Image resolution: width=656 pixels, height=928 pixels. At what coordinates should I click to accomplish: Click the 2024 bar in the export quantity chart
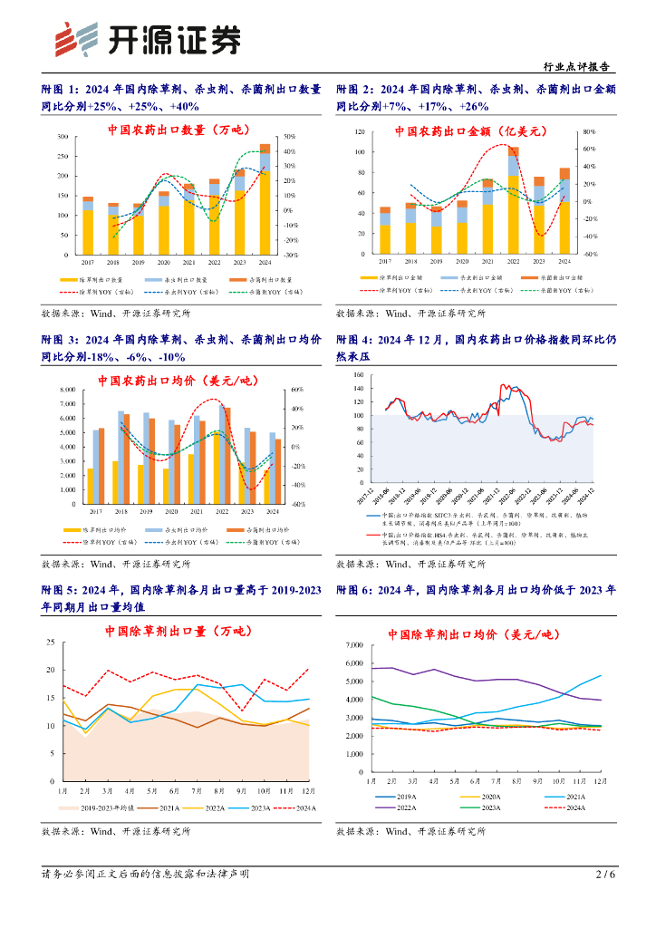click(x=265, y=199)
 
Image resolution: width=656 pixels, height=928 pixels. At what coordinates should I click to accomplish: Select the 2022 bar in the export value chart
click(x=514, y=199)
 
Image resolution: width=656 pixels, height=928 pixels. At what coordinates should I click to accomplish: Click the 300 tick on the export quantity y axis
click(x=62, y=136)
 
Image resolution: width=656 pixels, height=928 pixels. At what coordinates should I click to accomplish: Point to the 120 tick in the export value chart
click(x=359, y=132)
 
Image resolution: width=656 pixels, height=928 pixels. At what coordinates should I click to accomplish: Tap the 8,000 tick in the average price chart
click(x=67, y=390)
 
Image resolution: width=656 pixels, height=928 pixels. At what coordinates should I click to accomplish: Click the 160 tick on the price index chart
click(x=358, y=374)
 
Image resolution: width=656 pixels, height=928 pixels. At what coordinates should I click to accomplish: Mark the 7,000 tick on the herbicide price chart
click(x=352, y=645)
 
